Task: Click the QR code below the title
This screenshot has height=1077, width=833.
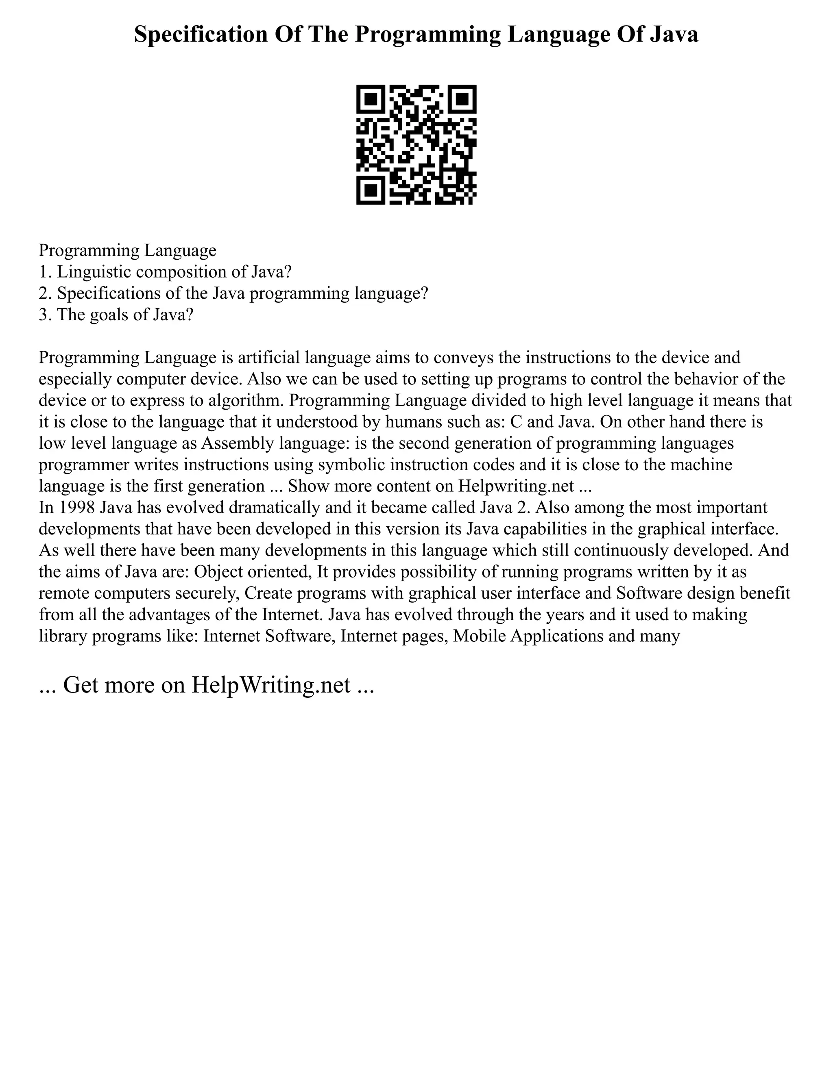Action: pyautogui.click(x=416, y=145)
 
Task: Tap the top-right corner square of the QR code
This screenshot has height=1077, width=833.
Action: pyautogui.click(x=462, y=99)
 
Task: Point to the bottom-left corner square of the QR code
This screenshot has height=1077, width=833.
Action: pyautogui.click(x=370, y=190)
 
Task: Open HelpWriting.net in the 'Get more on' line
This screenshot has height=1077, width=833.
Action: pyautogui.click(x=271, y=684)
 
